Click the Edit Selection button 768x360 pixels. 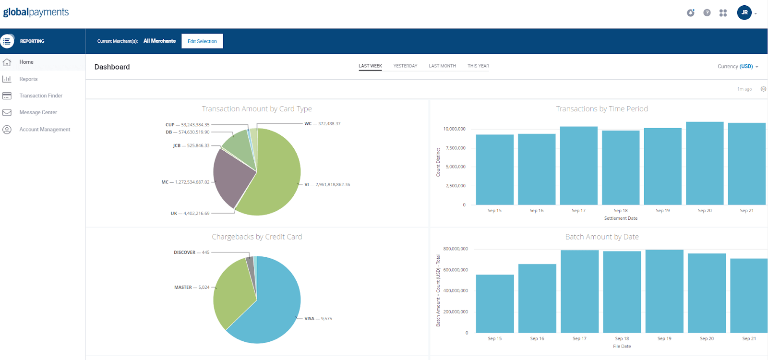coord(202,41)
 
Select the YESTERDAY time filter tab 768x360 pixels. coord(405,66)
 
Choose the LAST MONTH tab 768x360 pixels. coord(442,66)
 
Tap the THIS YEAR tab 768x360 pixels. coord(478,66)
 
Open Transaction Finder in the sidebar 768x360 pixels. coord(41,96)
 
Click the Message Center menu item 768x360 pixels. coord(38,112)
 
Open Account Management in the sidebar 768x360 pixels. coord(45,130)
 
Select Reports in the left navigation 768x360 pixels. coord(28,79)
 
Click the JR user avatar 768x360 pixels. coord(744,12)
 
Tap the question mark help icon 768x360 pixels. coord(707,12)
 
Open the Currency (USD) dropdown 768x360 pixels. coord(738,67)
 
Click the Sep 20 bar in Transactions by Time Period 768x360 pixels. coord(705,164)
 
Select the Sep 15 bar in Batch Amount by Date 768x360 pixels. coord(495,303)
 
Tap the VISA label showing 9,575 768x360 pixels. coord(318,319)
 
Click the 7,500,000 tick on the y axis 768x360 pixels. coord(456,148)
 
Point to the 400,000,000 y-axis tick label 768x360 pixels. coord(456,291)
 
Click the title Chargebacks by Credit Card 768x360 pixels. coord(257,237)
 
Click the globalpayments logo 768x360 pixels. coord(36,12)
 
